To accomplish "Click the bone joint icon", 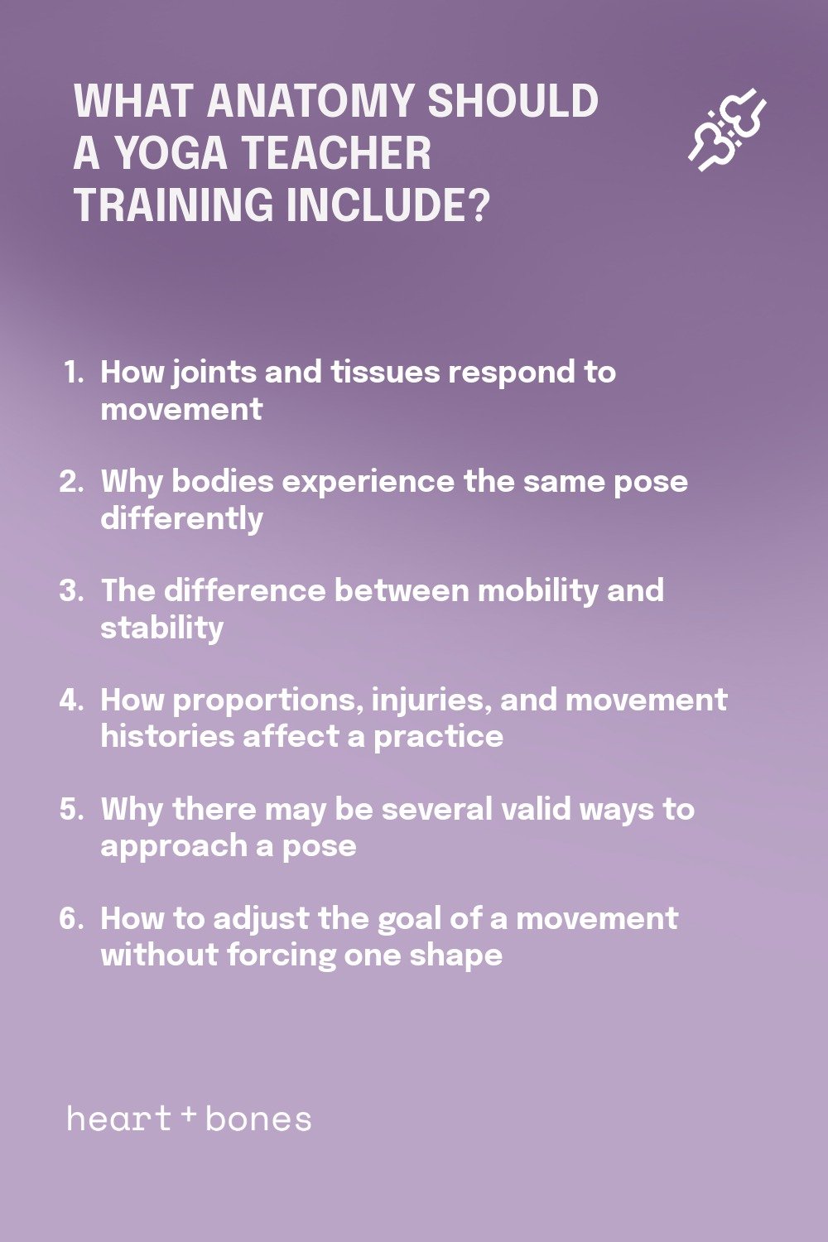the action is [x=727, y=129].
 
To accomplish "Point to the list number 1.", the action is [x=73, y=372].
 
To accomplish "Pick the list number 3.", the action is [x=71, y=590].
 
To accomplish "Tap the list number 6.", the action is [x=71, y=918].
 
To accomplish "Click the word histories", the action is [x=167, y=737].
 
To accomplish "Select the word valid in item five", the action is [x=536, y=810].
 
